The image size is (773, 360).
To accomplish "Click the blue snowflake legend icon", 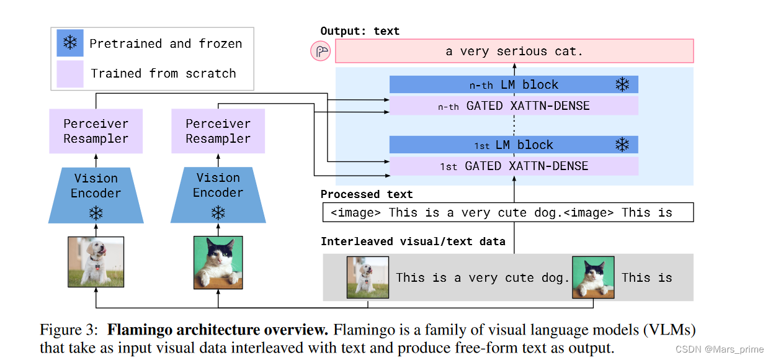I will [x=70, y=43].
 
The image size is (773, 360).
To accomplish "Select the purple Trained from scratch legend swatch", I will [x=70, y=73].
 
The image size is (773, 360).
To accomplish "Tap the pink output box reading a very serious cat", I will [x=514, y=52].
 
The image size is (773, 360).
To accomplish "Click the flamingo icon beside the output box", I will [x=321, y=52].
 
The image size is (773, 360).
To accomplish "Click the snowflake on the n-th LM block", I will [x=622, y=84].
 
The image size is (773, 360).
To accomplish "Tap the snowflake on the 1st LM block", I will [x=622, y=145].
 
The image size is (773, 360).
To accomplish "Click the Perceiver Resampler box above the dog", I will [x=96, y=131].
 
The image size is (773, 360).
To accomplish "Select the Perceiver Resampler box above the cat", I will [x=218, y=131].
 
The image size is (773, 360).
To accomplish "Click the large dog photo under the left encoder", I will [x=96, y=261].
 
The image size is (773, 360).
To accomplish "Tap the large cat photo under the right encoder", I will [x=218, y=261].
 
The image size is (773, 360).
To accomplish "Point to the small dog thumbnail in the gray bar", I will [x=367, y=277].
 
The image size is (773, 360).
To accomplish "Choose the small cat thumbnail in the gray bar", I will [x=593, y=277].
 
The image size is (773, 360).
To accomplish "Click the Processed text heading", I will [x=367, y=194].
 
